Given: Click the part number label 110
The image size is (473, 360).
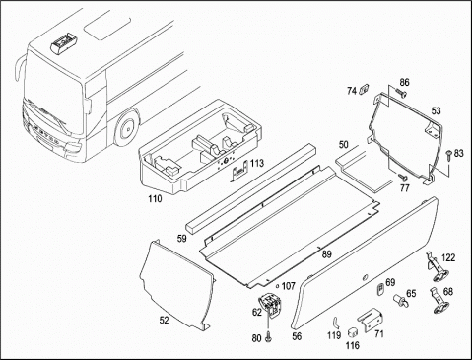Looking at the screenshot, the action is click(155, 198).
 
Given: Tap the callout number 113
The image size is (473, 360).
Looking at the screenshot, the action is click(257, 163).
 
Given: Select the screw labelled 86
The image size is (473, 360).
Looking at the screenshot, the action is click(401, 93).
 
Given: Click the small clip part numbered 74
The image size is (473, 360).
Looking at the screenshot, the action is click(364, 89).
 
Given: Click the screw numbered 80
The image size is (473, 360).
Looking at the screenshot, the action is click(269, 337).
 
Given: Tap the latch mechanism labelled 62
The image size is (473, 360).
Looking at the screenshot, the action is click(271, 304).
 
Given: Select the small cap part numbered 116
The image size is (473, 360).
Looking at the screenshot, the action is click(353, 332).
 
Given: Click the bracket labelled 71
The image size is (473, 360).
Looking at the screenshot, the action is click(371, 319).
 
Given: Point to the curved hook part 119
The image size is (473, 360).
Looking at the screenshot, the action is click(335, 323).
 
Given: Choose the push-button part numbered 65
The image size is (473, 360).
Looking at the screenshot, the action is click(400, 300).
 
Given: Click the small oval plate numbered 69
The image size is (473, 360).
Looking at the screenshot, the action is click(379, 289).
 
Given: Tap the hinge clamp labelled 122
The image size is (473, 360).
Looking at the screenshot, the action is click(437, 267).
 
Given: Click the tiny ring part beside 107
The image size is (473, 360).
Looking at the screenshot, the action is click(278, 286).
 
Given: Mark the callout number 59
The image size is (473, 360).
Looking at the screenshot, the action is click(181, 238).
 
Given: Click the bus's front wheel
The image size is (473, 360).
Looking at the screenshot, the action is click(126, 127).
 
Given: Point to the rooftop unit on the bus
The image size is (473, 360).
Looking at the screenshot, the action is click(64, 42).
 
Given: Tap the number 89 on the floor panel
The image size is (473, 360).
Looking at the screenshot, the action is click(327, 253).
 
